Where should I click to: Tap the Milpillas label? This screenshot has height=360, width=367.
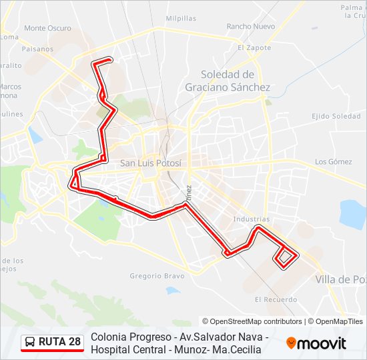[180, 19]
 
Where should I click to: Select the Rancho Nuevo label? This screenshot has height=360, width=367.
[250, 27]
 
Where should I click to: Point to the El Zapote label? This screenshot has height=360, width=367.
[254, 48]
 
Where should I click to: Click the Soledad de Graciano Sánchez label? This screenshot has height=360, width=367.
[227, 81]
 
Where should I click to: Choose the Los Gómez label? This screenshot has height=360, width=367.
[333, 161]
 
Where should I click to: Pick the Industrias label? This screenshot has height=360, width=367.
[252, 219]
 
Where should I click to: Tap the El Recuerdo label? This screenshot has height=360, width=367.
[276, 299]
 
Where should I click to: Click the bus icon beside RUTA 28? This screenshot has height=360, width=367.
[30, 342]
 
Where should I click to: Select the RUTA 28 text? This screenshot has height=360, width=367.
[59, 342]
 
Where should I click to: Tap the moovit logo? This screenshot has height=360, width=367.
[316, 343]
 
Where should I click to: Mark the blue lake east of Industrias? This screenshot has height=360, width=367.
[353, 214]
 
